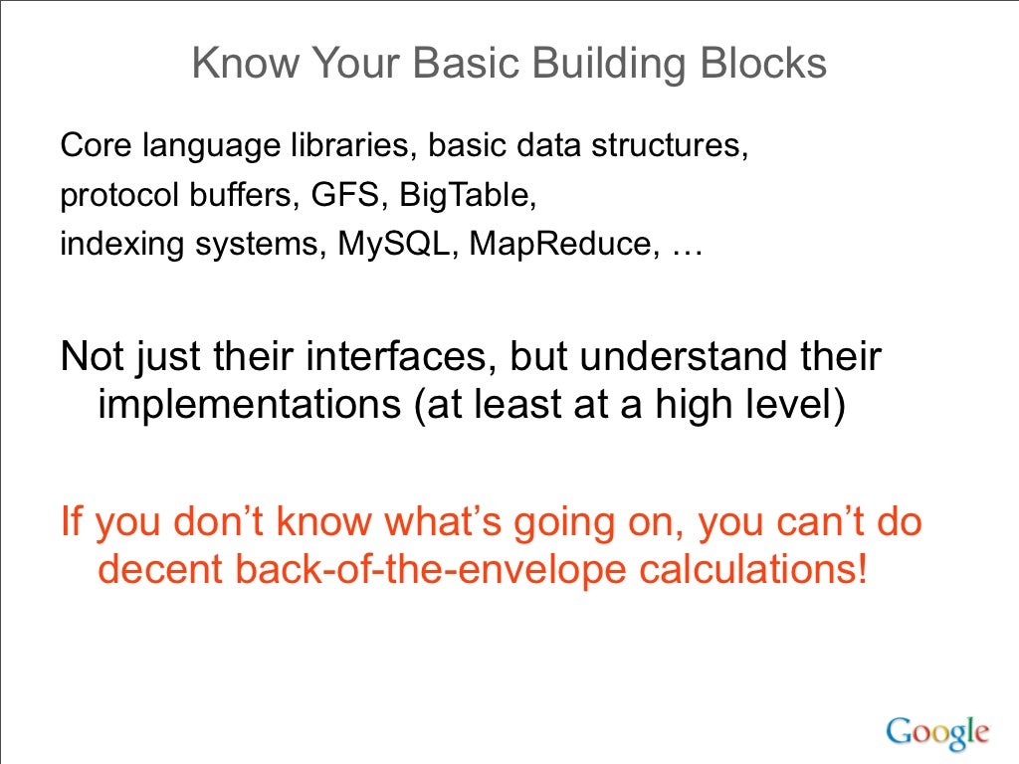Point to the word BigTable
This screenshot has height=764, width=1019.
pyautogui.click(x=466, y=196)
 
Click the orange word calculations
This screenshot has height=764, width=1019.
pyautogui.click(x=737, y=570)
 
